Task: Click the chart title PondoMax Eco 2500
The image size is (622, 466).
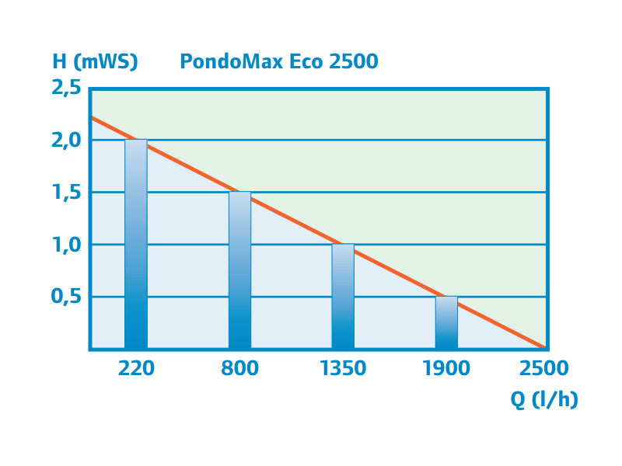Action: click(x=279, y=61)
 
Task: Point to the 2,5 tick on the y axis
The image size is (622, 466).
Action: click(x=65, y=88)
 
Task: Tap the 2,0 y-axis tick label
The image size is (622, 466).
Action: click(x=65, y=140)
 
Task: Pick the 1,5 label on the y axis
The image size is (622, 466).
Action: click(x=65, y=193)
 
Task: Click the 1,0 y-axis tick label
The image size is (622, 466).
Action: click(x=65, y=245)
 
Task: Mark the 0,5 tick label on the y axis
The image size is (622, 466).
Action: click(x=65, y=297)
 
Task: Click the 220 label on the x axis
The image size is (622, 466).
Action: click(x=136, y=368)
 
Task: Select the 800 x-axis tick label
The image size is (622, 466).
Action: click(x=239, y=368)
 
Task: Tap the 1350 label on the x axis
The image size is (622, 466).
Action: click(x=343, y=368)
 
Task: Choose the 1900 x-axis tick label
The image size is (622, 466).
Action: click(x=446, y=368)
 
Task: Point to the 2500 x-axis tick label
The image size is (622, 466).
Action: click(x=544, y=368)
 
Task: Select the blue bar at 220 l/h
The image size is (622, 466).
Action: click(x=136, y=245)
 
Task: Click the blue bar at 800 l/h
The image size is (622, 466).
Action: click(x=239, y=270)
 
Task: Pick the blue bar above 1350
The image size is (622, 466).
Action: click(x=343, y=297)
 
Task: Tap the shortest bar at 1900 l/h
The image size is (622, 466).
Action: click(x=446, y=322)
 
